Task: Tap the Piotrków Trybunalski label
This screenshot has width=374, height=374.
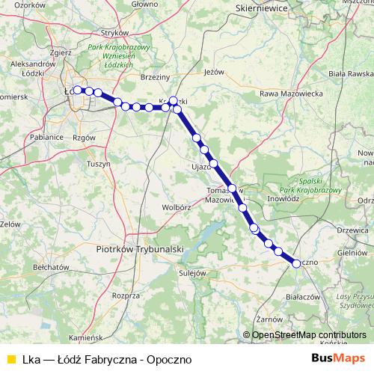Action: pyautogui.click(x=140, y=248)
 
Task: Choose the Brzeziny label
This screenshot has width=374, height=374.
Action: pyautogui.click(x=156, y=76)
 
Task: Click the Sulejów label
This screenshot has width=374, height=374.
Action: pyautogui.click(x=192, y=273)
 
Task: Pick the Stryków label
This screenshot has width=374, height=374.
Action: pyautogui.click(x=116, y=32)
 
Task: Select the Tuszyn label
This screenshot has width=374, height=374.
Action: pyautogui.click(x=99, y=163)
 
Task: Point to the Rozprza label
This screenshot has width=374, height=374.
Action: pyautogui.click(x=126, y=295)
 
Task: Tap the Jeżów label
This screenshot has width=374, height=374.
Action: pyautogui.click(x=214, y=73)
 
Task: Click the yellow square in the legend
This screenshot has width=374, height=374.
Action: pyautogui.click(x=9, y=359)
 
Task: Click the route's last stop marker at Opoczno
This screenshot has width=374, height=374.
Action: pyautogui.click(x=297, y=262)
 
